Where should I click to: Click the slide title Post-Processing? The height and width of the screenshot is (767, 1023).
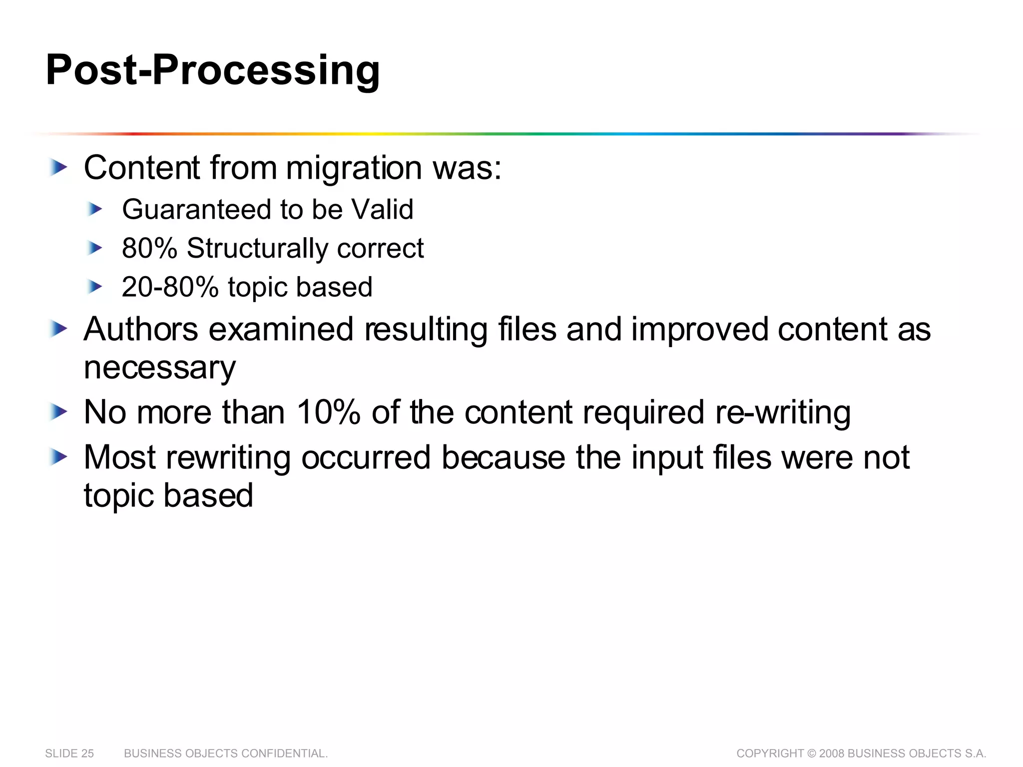point(213,70)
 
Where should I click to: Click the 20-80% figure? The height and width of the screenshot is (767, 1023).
point(170,287)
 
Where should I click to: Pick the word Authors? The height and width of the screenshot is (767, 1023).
point(141,330)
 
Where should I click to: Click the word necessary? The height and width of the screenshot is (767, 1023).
point(159,368)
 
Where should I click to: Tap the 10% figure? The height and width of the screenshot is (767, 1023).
point(328,412)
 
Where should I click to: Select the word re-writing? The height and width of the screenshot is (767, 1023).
point(783,412)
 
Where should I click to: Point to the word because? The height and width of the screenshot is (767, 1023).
point(503,457)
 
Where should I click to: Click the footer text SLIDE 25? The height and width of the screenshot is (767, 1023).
point(69,754)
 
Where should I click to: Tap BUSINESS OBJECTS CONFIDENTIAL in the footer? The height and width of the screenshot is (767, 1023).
point(226,754)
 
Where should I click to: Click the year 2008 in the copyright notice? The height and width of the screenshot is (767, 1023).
point(832,754)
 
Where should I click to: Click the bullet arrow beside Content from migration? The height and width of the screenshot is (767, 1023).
point(58,168)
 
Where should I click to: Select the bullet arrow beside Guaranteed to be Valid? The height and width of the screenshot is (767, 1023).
point(94,209)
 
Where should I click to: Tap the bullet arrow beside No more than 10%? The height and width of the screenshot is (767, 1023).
point(58,412)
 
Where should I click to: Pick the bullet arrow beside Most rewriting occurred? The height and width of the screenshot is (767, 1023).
point(58,457)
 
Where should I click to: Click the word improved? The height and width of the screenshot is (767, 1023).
point(699,330)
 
